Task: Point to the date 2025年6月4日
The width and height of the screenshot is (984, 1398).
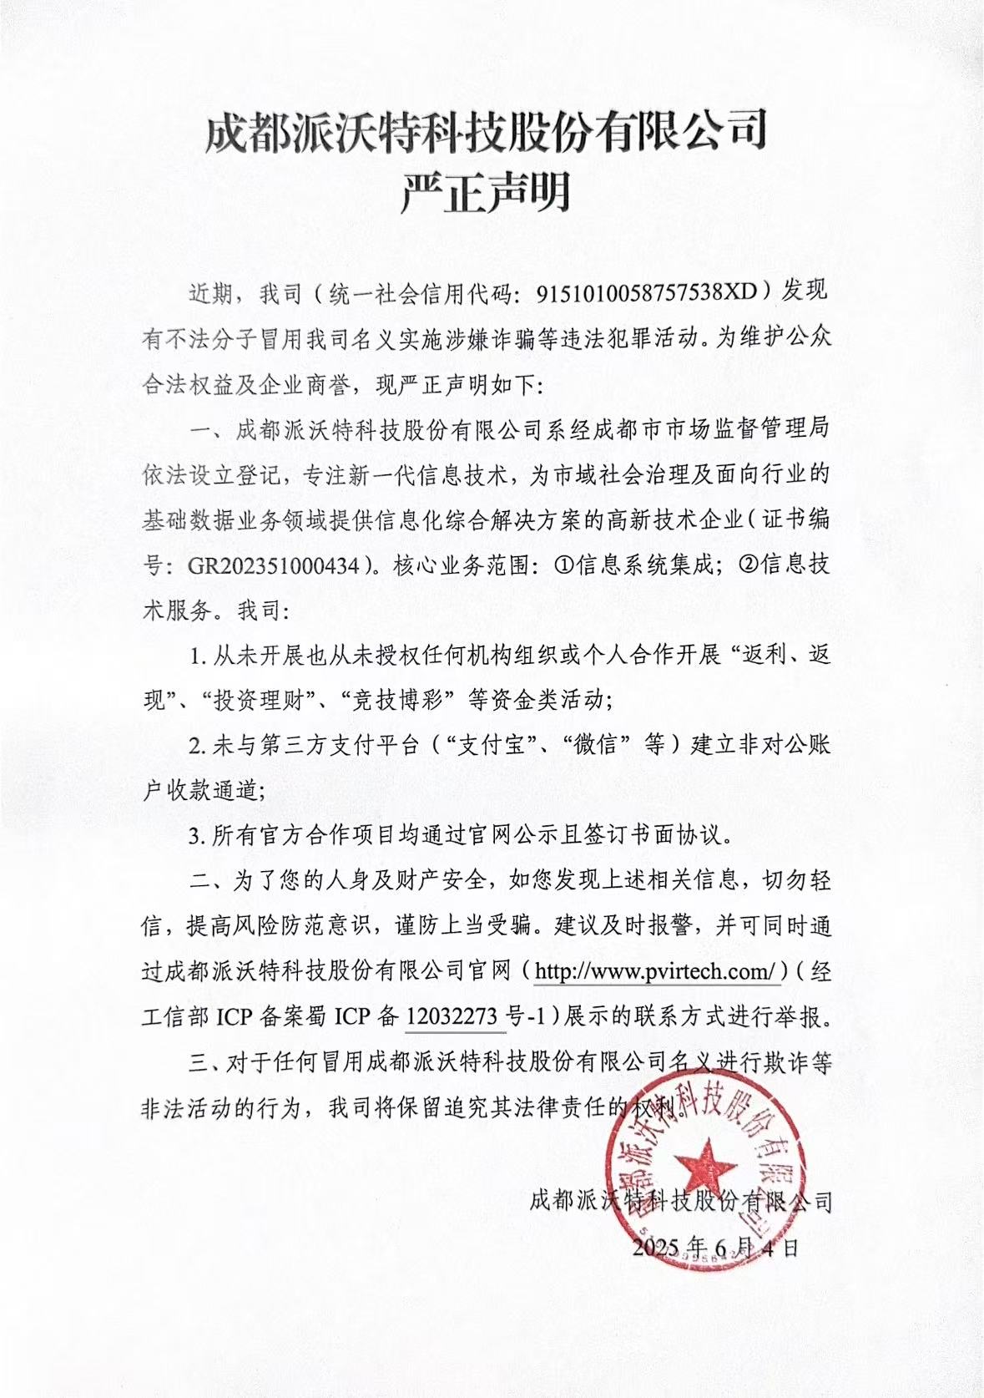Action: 716,1247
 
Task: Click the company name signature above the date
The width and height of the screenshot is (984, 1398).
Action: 681,1201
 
